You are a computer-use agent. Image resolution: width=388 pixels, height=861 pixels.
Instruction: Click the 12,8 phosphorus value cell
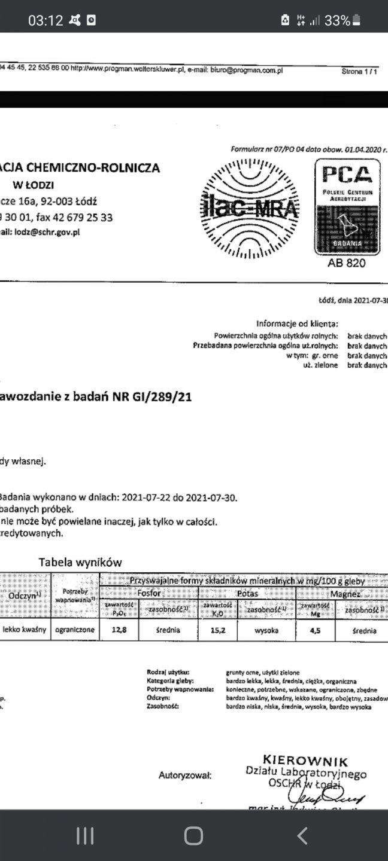120,630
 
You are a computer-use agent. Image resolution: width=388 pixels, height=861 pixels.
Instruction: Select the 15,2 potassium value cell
218,630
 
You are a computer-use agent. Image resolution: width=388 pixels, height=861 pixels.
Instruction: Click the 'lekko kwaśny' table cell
25,630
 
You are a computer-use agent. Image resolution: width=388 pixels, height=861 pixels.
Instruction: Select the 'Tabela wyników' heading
80,562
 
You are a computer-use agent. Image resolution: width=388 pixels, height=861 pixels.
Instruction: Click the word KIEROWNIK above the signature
305,761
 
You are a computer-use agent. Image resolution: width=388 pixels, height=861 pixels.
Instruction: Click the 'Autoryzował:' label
185,776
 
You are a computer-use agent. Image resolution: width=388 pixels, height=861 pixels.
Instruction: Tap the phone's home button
193,835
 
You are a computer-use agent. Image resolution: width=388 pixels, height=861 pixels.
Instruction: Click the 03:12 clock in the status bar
46,20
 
